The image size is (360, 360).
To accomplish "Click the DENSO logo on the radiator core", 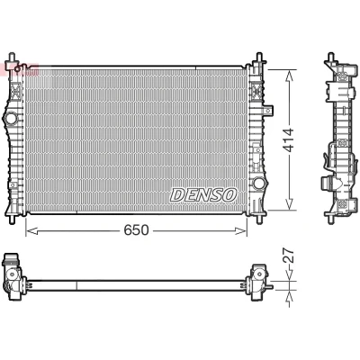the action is tap(203, 195).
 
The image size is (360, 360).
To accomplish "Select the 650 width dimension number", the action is tap(137, 230).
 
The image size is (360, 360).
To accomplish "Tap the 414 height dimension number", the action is tap(289, 139).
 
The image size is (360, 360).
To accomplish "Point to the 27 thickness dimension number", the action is tap(288, 256).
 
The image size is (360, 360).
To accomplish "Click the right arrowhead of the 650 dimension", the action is tap(241, 230).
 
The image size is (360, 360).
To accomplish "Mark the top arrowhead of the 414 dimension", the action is tap(289, 76).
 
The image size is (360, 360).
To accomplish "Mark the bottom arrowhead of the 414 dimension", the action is tap(289, 204).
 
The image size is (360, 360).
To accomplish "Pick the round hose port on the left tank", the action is tap(11, 118).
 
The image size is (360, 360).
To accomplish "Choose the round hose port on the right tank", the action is tap(258, 183).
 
